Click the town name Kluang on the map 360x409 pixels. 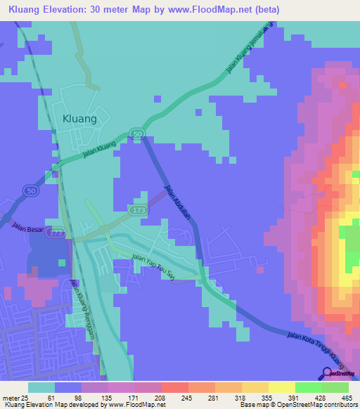pos(79,119)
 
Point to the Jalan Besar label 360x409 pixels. pos(27,226)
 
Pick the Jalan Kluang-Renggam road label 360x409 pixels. pos(84,305)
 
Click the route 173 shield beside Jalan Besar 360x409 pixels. pos(57,232)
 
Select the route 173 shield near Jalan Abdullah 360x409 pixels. pos(136,210)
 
